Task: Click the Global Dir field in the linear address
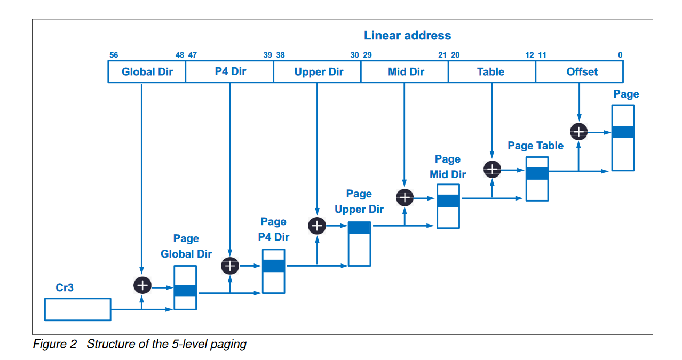[x=147, y=72]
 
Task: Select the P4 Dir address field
[x=229, y=72]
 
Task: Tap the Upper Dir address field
[x=318, y=72]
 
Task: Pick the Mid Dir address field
[x=405, y=72]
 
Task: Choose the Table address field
[x=491, y=72]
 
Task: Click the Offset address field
[x=580, y=72]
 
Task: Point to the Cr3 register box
[x=77, y=309]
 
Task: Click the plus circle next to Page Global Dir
[x=142, y=286]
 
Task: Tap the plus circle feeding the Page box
[x=579, y=131]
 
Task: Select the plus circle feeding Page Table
[x=492, y=170]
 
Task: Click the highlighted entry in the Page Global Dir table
[x=185, y=291]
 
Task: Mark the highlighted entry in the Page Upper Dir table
[x=359, y=228]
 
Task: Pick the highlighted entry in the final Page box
[x=623, y=132]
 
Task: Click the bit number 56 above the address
[x=113, y=55]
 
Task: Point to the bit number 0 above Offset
[x=620, y=55]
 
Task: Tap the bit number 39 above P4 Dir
[x=267, y=55]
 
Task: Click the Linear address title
[x=407, y=36]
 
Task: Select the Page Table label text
[x=535, y=146]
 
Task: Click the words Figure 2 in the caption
[x=55, y=344]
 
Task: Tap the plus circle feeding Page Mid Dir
[x=405, y=197]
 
